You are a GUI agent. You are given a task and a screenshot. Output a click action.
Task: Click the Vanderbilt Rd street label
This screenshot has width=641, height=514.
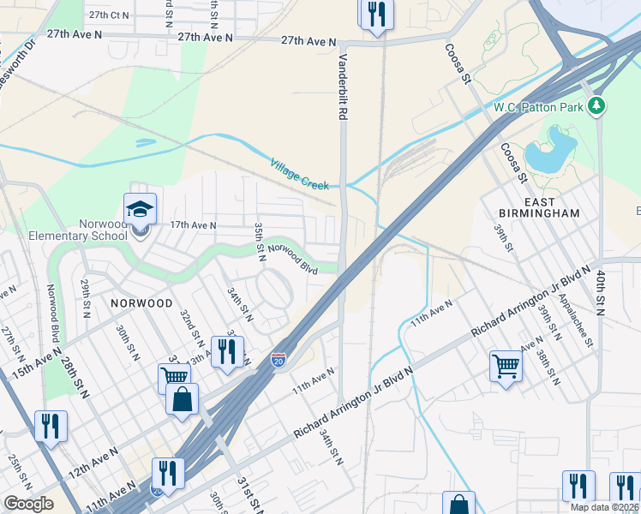click(x=344, y=87)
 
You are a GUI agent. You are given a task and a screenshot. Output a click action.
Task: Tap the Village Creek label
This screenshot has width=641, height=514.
click(x=304, y=174)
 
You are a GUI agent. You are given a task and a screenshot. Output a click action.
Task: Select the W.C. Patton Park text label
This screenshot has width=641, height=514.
click(x=537, y=107)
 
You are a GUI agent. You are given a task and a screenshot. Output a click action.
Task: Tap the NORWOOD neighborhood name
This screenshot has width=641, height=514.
click(x=141, y=303)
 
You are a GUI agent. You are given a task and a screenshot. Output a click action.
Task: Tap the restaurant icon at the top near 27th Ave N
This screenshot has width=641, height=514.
click(x=376, y=14)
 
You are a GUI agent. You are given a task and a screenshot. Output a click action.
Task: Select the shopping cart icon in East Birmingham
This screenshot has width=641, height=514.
click(x=506, y=366)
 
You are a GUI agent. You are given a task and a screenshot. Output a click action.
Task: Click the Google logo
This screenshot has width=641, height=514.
click(x=28, y=504)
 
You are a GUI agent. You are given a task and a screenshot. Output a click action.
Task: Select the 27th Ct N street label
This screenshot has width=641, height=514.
click(x=109, y=15)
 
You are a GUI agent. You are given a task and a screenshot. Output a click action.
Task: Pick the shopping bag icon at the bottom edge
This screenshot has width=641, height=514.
click(x=459, y=505)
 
